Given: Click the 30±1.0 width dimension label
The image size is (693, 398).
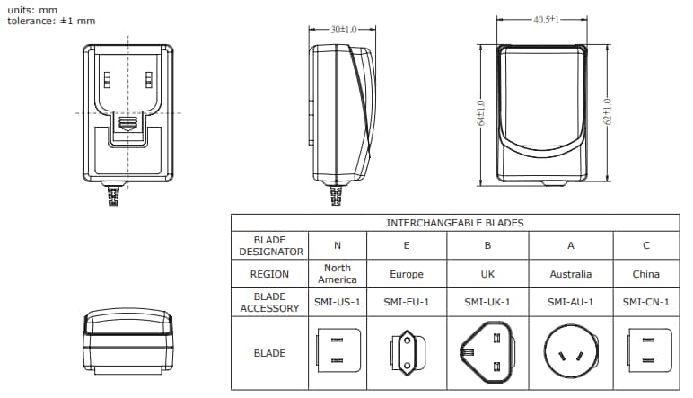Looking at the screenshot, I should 342,30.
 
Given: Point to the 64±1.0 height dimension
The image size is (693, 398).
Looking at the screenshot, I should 481,113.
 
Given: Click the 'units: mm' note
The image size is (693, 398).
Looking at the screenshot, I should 32,9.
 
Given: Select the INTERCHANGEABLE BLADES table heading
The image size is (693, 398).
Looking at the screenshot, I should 455,222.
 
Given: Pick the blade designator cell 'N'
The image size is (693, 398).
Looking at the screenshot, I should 337,245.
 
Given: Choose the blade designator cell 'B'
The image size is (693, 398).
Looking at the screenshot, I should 487,245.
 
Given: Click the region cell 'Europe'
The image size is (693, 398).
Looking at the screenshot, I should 406,274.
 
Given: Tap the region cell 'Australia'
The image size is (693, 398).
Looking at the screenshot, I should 570,274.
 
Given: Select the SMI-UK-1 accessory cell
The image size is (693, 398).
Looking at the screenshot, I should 487,302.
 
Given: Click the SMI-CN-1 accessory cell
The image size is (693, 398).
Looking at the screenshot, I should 645,302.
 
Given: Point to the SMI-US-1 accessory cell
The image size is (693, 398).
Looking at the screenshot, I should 337,302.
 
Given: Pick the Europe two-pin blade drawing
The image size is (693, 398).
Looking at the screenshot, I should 406,352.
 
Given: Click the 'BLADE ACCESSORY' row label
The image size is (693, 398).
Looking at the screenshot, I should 269,302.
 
